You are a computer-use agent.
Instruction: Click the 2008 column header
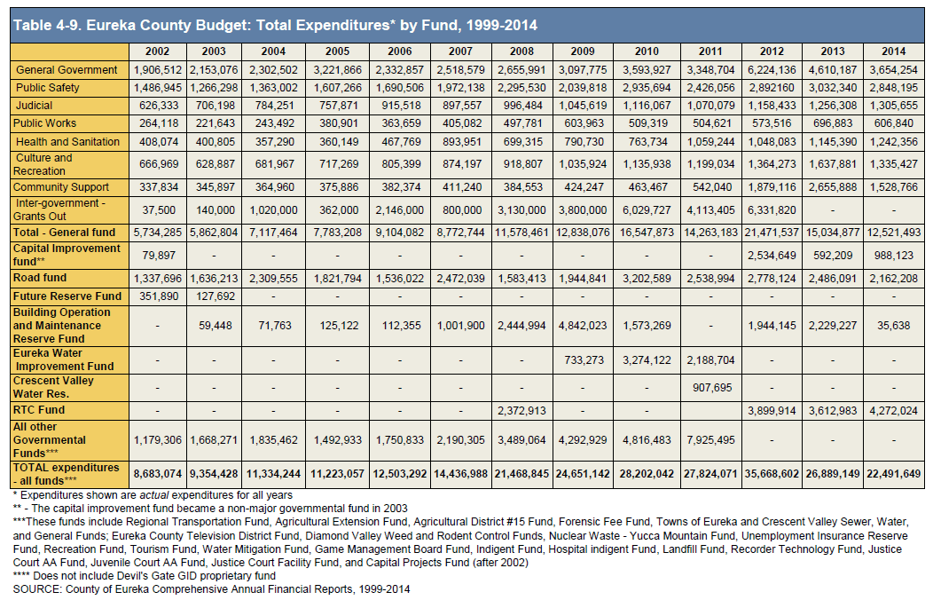[x=521, y=51]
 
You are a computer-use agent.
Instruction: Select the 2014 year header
[x=893, y=51]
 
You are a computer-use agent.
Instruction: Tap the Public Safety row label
[x=48, y=88]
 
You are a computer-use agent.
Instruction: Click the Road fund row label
[x=40, y=278]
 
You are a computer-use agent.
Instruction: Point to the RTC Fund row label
[x=39, y=409]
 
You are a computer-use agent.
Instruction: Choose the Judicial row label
[x=34, y=106]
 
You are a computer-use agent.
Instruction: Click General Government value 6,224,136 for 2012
[x=772, y=69]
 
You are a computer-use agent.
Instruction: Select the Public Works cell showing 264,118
[x=158, y=123]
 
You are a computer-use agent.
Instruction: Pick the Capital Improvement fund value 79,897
[x=159, y=256]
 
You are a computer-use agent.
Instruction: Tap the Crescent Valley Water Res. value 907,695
[x=711, y=388]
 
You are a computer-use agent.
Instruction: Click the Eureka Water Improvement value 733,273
[x=584, y=360]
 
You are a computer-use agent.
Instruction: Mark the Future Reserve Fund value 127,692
[x=215, y=296]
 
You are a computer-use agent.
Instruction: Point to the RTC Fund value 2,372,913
[x=521, y=410]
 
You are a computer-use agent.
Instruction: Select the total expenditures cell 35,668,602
[x=772, y=474]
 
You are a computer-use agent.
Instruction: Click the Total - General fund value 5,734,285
[x=158, y=233]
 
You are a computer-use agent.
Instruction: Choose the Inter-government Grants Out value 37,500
[x=159, y=210]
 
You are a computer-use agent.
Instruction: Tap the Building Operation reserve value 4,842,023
[x=583, y=326]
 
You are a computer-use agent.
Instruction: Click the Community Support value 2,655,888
[x=833, y=187]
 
